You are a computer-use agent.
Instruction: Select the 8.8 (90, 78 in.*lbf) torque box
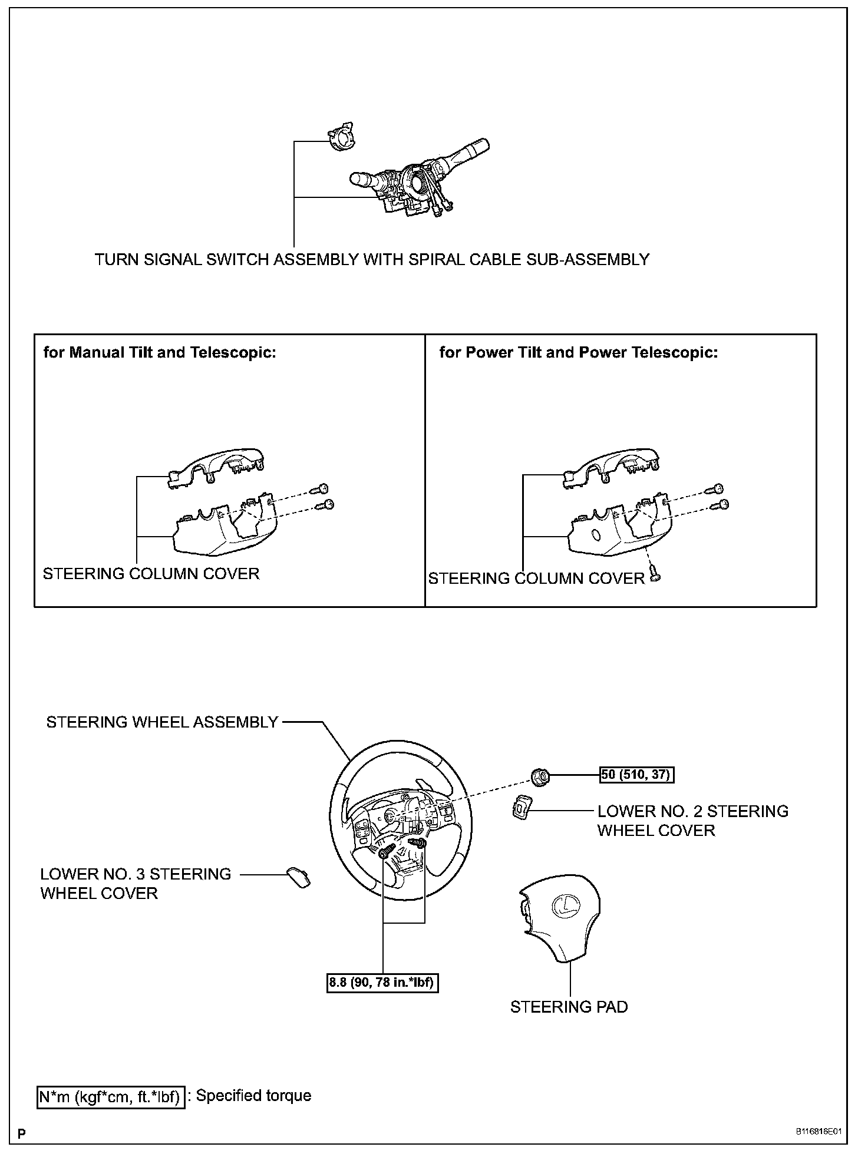pyautogui.click(x=383, y=983)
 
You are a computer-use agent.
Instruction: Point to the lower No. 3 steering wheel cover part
pyautogui.click(x=299, y=877)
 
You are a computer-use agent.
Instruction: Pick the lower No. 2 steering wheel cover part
pyautogui.click(x=520, y=808)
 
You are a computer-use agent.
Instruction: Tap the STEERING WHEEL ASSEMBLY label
pyautogui.click(x=162, y=722)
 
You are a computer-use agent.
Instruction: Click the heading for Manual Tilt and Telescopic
pyautogui.click(x=160, y=352)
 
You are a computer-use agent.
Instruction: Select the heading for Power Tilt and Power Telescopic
pyautogui.click(x=579, y=352)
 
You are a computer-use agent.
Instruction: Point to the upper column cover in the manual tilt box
pyautogui.click(x=216, y=469)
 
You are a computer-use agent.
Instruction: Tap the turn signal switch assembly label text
pyautogui.click(x=372, y=259)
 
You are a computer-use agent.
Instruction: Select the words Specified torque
pyautogui.click(x=253, y=1096)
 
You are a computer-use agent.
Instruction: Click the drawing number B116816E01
pyautogui.click(x=819, y=1132)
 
